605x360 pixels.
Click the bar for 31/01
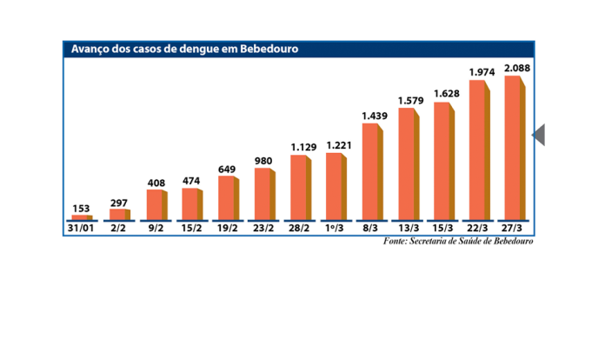pos(81,217)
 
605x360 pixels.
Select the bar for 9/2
pos(154,203)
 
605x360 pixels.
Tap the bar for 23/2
pos(263,193)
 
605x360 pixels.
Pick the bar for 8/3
pos(370,170)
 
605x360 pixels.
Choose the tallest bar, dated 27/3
pos(513,147)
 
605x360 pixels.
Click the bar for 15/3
pos(442,160)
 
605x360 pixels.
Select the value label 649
pos(227,169)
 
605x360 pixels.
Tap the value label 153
pos(82,208)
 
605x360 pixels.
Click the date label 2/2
pos(118,229)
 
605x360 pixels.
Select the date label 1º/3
pos(335,229)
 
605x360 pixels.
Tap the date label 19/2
pos(227,229)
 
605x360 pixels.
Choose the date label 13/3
pos(407,229)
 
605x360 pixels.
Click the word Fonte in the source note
pos(396,241)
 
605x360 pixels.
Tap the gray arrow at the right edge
pos(538,135)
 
